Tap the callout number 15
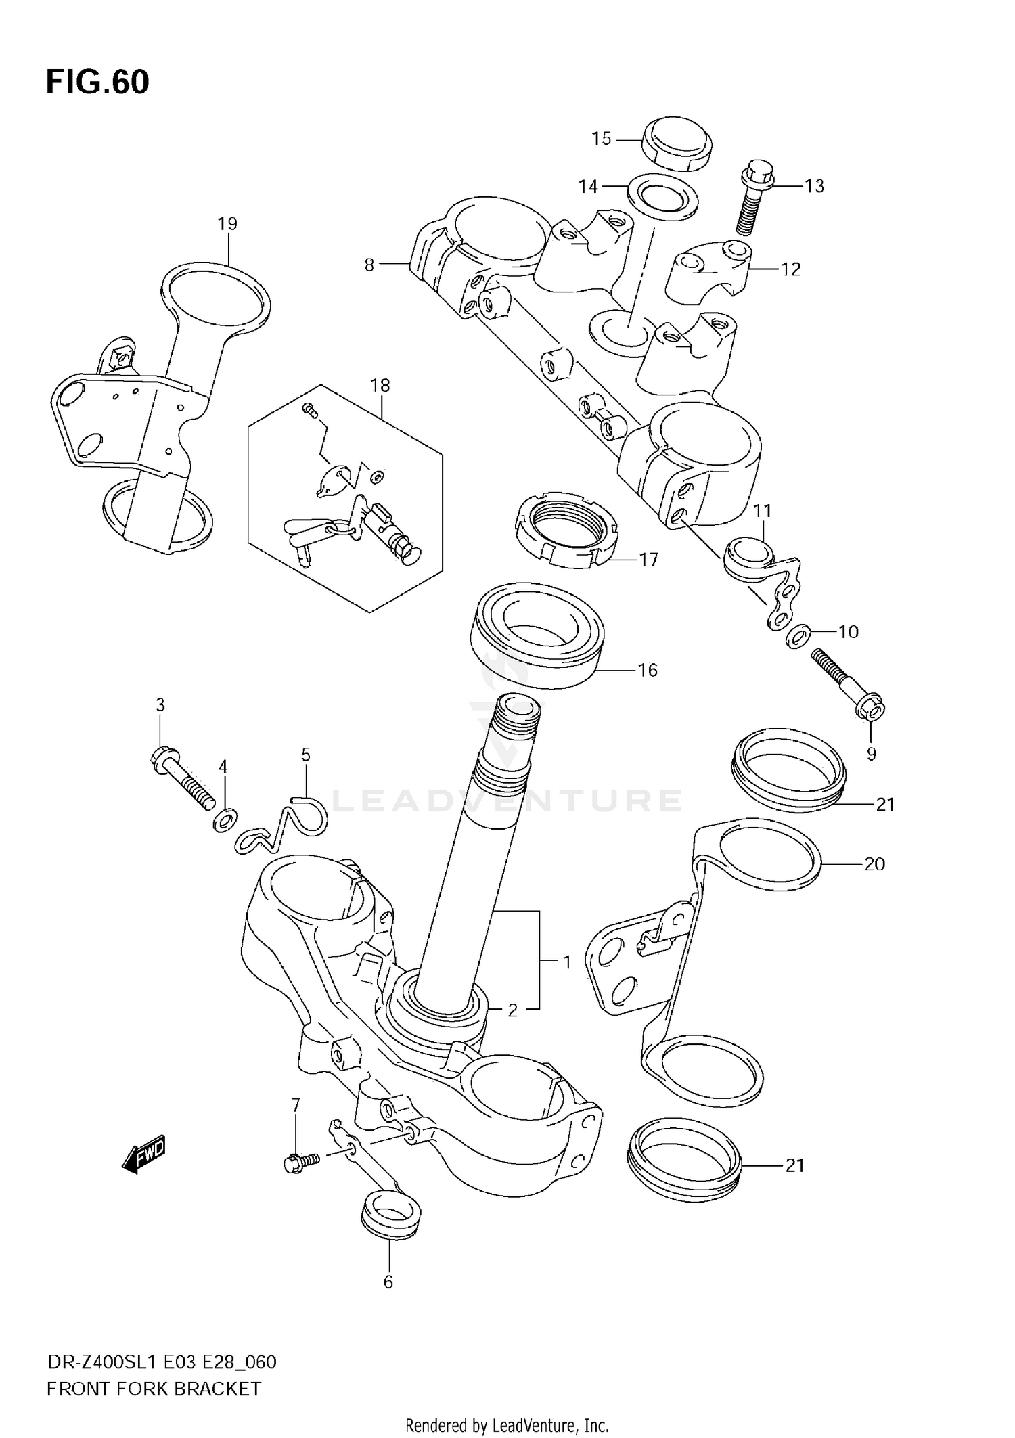click(601, 139)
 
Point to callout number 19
click(227, 224)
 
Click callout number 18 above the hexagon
click(380, 386)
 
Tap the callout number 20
click(874, 864)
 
